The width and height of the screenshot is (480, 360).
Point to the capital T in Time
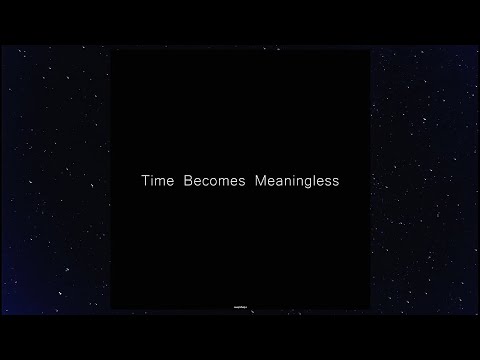click(x=143, y=183)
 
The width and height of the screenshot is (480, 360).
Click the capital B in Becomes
click(x=188, y=183)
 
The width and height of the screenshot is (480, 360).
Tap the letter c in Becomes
click(x=205, y=183)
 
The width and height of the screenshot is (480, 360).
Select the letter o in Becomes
click(x=212, y=183)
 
